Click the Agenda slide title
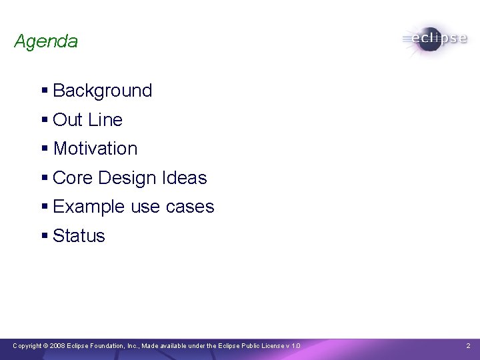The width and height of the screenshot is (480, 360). [x=45, y=41]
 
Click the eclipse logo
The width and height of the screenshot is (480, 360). [x=434, y=38]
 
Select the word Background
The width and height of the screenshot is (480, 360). [x=102, y=91]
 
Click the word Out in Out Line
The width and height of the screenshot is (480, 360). [x=67, y=120]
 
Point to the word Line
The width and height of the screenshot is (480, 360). [x=105, y=120]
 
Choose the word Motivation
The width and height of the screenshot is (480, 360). [x=95, y=149]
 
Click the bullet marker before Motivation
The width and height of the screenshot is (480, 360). [x=44, y=149]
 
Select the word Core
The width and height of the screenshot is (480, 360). [x=73, y=178]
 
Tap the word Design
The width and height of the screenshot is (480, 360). [x=127, y=178]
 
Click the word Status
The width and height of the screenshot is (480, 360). [x=79, y=236]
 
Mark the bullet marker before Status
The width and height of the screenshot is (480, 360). [x=44, y=236]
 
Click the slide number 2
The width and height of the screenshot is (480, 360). [x=468, y=346]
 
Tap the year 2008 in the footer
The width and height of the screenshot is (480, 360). [x=57, y=346]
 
